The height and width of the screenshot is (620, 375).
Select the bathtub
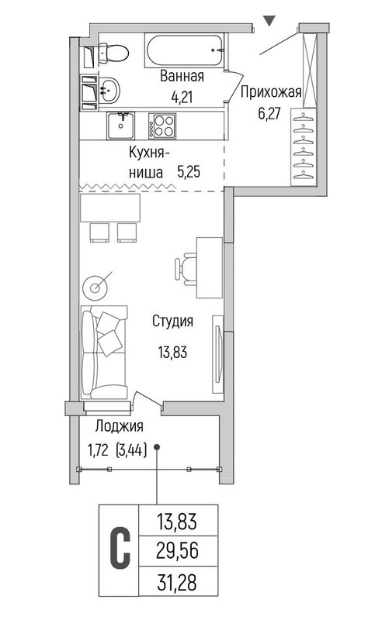186,51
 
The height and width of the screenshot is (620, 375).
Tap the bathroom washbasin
109,90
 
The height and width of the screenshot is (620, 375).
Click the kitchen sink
120,126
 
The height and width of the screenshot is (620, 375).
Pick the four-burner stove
162,126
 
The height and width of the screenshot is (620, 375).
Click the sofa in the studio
104,352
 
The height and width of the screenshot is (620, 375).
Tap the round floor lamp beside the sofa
95,288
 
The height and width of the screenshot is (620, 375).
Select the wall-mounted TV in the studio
218,354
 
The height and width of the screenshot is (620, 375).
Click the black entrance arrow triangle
269,21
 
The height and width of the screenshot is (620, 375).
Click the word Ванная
182,76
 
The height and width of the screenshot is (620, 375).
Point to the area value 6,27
269,113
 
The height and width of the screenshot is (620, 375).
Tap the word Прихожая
271,92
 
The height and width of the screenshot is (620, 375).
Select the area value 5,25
189,172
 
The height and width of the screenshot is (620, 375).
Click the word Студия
173,321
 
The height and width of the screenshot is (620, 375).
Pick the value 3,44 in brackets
130,450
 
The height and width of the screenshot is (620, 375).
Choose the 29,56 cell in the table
177,551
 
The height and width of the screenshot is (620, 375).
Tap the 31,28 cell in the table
177,582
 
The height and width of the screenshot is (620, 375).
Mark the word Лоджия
120,426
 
